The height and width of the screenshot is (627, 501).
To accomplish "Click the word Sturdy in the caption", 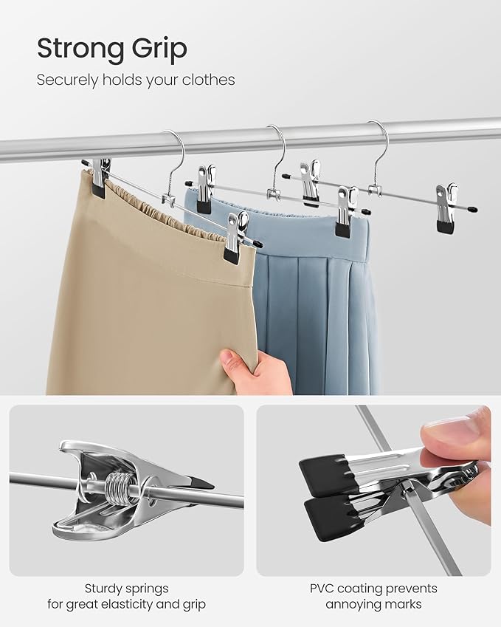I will click(105, 589).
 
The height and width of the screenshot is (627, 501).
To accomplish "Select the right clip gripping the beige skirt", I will click(235, 238).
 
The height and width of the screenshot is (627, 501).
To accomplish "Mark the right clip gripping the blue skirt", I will click(345, 213).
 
